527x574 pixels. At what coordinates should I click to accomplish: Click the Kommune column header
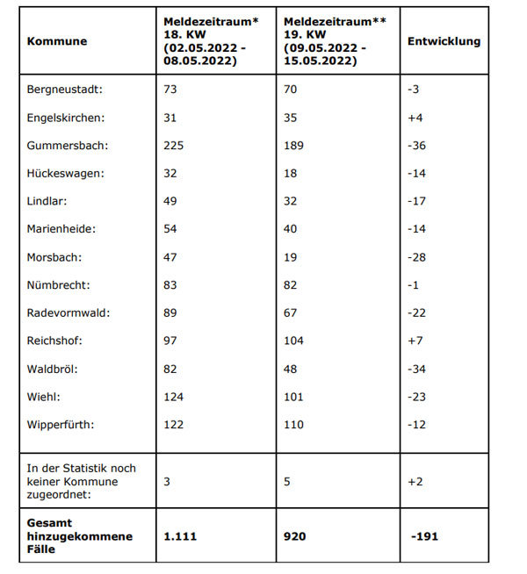57,41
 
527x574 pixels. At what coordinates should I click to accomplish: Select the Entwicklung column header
444,41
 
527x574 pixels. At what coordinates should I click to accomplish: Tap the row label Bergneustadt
65,90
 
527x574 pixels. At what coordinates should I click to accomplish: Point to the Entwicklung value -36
416,146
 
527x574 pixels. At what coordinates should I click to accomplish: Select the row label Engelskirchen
66,118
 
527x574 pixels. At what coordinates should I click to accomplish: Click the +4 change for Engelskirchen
416,118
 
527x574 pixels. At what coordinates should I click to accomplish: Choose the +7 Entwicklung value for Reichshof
416,341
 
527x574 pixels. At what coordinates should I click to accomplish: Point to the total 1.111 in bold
180,535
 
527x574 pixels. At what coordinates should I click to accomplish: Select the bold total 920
295,535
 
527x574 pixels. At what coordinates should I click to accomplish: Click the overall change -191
423,535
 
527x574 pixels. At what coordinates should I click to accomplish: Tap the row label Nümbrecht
58,285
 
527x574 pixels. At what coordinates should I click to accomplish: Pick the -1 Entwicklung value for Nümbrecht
415,285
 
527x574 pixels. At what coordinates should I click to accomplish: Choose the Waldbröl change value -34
416,370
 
